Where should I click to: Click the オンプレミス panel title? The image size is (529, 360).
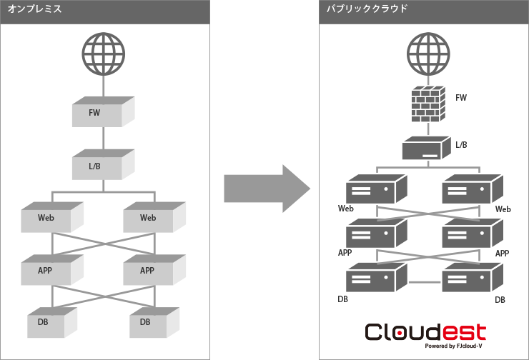click(34, 10)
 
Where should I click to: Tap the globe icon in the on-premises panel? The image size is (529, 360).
click(104, 49)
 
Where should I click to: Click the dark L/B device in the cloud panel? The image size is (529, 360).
click(426, 149)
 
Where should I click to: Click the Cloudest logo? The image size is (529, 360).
click(425, 332)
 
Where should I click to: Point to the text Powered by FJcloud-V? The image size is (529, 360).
click(455, 346)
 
